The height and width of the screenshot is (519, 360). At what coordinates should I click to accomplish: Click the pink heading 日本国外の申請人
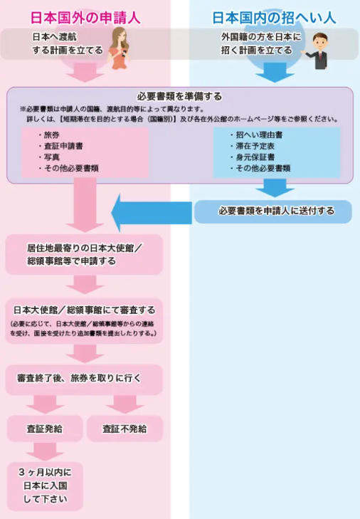[x=85, y=18]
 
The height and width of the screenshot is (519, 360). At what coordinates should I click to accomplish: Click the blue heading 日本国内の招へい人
[x=274, y=18]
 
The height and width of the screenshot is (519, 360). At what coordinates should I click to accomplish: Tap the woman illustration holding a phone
[x=118, y=48]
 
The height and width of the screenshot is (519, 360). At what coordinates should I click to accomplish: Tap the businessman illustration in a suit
[x=317, y=51]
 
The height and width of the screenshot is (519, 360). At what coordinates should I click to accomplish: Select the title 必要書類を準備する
[x=179, y=96]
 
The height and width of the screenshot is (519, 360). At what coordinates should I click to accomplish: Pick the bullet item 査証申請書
[x=60, y=146]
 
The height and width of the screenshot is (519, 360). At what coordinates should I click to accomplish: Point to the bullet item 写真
[x=48, y=157]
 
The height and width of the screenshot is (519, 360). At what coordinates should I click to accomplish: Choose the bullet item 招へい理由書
[x=256, y=135]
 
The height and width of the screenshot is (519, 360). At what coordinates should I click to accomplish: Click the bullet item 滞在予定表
[x=252, y=146]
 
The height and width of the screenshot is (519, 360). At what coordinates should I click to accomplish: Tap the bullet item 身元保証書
[x=252, y=157]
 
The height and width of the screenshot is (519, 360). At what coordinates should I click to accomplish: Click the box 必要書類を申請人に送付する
[x=273, y=211]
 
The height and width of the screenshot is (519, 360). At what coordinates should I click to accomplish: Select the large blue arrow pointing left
[x=152, y=212]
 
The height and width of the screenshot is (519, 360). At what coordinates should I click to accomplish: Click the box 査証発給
[x=45, y=429]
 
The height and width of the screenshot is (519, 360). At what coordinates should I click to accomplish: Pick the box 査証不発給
[x=125, y=429]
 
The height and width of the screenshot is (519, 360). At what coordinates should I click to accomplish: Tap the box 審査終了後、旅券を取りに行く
[x=84, y=379]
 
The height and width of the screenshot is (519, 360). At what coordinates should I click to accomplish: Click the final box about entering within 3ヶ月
[x=45, y=486]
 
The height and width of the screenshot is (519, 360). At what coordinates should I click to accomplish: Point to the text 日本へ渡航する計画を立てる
[x=68, y=43]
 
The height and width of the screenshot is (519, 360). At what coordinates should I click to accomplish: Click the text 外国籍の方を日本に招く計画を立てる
[x=261, y=43]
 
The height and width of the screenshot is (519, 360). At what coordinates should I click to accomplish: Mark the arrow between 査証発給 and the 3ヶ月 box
[x=45, y=451]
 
